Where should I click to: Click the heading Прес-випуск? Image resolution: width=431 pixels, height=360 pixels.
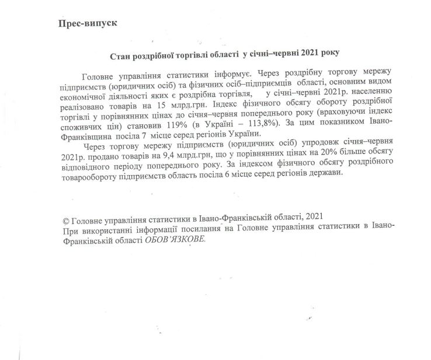(x=88, y=24)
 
